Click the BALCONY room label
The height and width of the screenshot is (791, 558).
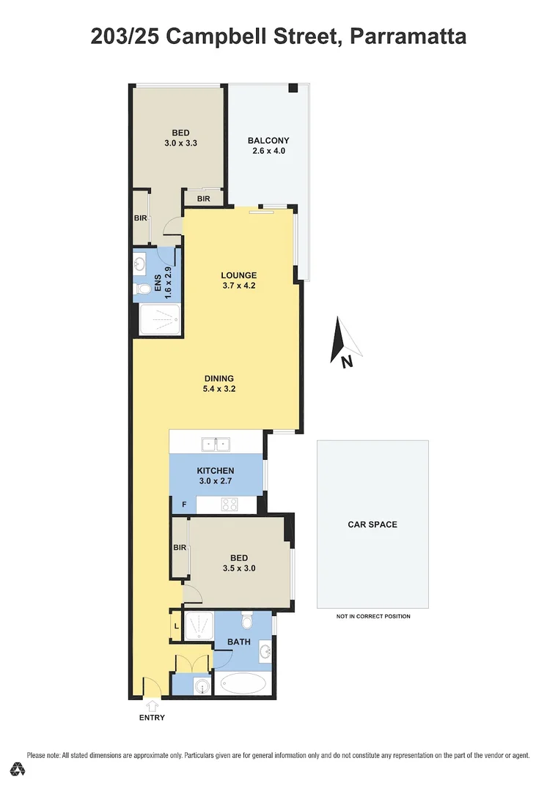tap(268, 141)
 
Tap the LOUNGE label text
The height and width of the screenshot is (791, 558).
tap(239, 275)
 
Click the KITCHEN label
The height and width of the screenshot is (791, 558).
tap(216, 470)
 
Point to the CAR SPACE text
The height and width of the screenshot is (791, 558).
tap(372, 524)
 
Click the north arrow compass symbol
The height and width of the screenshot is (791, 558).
tap(342, 341)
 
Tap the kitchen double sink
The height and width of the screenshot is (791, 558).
tap(216, 443)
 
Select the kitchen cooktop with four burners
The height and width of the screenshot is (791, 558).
tap(230, 504)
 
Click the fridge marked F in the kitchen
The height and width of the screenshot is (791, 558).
tap(183, 505)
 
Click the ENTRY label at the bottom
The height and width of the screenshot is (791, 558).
tap(152, 718)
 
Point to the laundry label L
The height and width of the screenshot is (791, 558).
tap(176, 626)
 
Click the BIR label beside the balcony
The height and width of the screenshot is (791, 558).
tap(204, 198)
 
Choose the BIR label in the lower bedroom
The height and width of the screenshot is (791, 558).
tap(180, 547)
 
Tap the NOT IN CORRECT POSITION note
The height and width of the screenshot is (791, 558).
tap(373, 617)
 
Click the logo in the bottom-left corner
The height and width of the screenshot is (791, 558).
tap(18, 769)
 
